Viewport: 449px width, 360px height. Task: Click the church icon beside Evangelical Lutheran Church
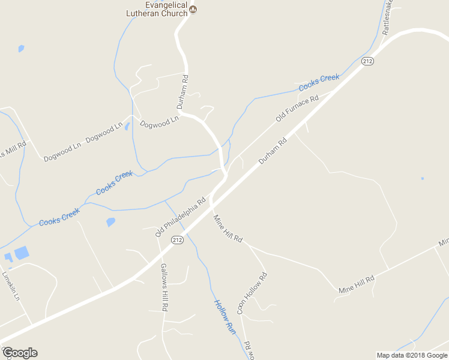pyautogui.click(x=193, y=9)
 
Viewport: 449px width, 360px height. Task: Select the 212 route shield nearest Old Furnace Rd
pyautogui.click(x=368, y=61)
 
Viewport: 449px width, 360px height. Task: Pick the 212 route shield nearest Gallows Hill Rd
pyautogui.click(x=176, y=240)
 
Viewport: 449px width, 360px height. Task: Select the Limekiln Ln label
pyautogui.click(x=11, y=286)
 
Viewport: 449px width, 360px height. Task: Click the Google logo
pyautogui.click(x=20, y=353)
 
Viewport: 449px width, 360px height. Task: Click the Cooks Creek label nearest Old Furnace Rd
pyautogui.click(x=319, y=82)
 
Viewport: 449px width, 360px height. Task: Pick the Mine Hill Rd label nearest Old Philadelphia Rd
pyautogui.click(x=228, y=229)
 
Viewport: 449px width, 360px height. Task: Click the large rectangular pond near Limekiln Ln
pyautogui.click(x=21, y=253)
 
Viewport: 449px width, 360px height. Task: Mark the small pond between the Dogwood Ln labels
pyautogui.click(x=127, y=126)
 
